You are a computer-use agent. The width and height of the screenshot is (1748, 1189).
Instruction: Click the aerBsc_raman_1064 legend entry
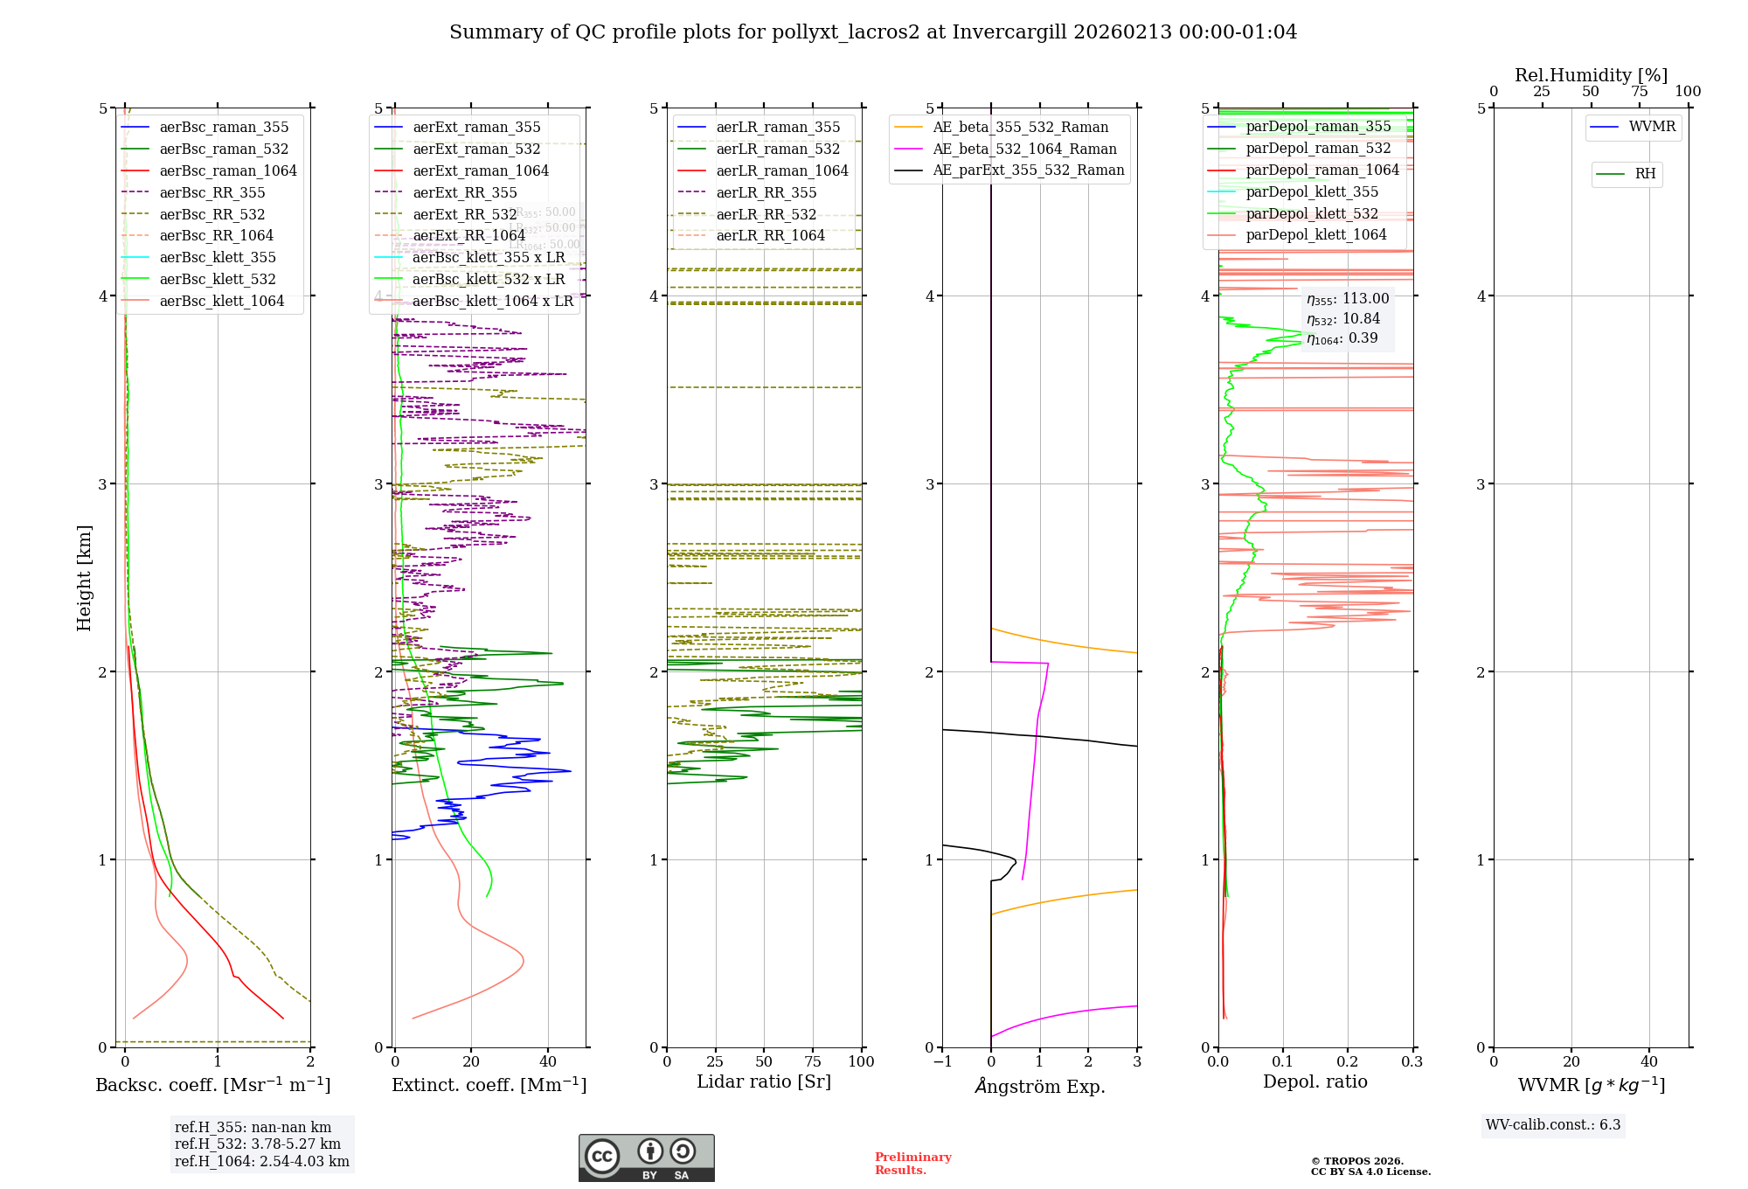coord(227,171)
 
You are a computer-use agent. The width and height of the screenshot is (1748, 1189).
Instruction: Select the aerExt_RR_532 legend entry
coord(464,214)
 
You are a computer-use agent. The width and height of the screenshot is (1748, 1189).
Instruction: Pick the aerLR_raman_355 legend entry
coord(777,128)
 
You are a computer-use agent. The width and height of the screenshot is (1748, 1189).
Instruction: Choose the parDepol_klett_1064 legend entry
coord(1315,235)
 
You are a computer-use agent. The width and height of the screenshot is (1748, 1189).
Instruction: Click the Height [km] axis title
coord(84,578)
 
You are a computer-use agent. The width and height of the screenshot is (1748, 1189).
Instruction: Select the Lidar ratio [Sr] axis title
coord(764,1081)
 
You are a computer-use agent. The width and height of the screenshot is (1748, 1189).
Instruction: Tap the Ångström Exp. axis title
coord(1040,1086)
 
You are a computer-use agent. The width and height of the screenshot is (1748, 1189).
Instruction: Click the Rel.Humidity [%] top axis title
coord(1591,75)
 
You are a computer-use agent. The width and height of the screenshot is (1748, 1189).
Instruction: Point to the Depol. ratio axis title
coord(1314,1081)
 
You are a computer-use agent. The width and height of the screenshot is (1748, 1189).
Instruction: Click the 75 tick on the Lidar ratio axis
coord(813,1061)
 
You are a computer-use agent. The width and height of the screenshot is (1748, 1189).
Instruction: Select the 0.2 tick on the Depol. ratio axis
coord(1348,1061)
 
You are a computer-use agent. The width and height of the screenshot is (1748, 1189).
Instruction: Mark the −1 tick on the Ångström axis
coord(942,1061)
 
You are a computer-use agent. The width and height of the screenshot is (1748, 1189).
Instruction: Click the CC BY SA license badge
coord(646,1158)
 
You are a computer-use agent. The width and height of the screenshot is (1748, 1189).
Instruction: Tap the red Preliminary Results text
coord(912,1164)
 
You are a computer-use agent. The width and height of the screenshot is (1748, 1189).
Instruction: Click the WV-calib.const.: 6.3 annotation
coord(1552,1125)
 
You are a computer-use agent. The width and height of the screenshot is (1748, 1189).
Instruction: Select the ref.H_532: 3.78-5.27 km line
coord(258,1144)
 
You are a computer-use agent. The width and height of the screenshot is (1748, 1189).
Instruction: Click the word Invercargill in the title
coord(1009,32)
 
